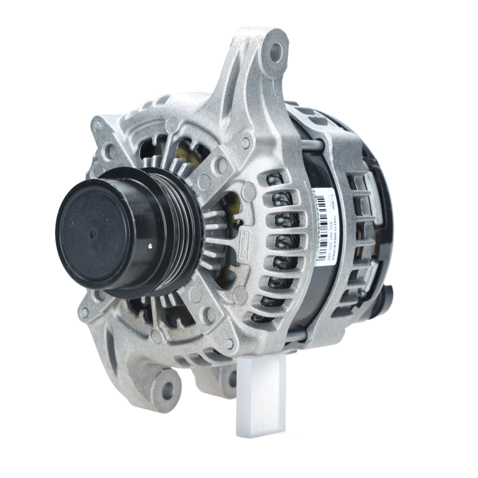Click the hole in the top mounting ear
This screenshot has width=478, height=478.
[276, 52]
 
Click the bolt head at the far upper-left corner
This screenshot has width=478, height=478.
[98, 125]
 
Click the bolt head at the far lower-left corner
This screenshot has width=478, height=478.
[85, 314]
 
